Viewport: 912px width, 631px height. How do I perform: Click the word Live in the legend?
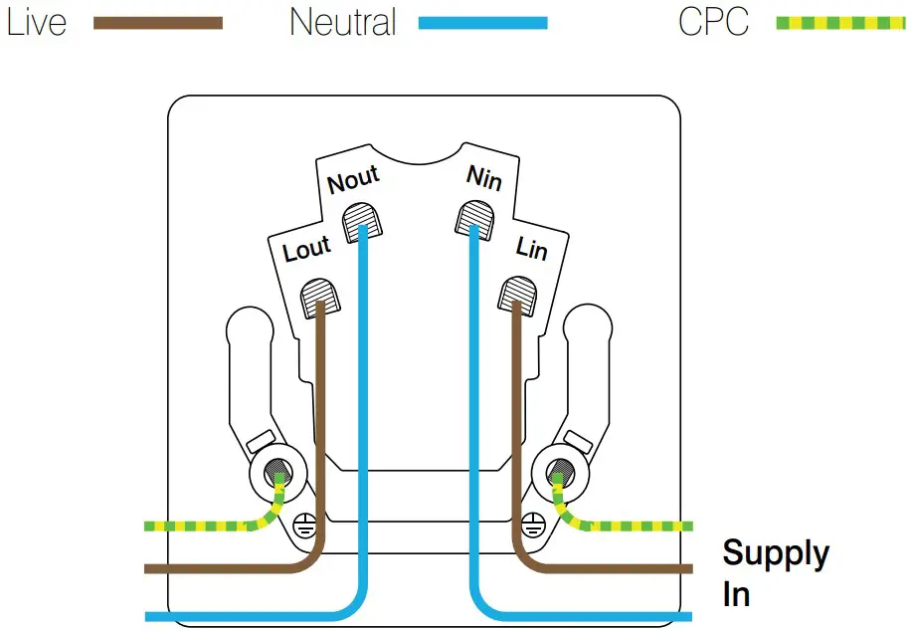[x=36, y=22]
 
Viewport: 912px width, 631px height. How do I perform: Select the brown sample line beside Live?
[x=157, y=23]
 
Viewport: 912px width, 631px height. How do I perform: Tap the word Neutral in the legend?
[x=342, y=22]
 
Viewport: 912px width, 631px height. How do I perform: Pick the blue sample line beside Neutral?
[x=482, y=23]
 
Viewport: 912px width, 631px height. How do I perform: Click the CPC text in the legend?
[x=713, y=22]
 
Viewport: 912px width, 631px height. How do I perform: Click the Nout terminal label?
[x=353, y=180]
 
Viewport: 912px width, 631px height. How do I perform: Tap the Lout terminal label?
[x=305, y=249]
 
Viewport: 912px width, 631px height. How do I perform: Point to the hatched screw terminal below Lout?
[x=317, y=294]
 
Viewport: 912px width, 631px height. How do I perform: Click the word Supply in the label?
[x=775, y=553]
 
